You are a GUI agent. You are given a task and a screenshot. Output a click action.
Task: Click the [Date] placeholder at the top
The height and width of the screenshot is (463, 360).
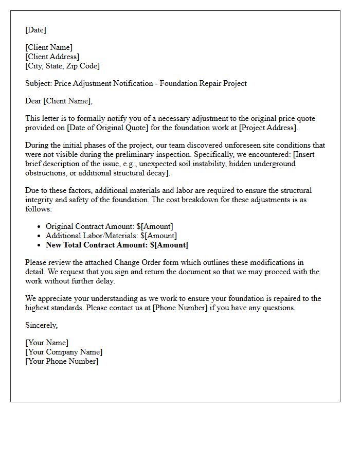point(35,30)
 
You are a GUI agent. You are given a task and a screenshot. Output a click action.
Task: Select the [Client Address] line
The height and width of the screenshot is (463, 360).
point(52,57)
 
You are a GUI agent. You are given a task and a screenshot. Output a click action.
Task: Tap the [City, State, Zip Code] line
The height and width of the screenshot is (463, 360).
point(62,66)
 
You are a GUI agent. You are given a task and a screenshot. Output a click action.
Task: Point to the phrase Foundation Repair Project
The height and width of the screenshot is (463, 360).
point(203,83)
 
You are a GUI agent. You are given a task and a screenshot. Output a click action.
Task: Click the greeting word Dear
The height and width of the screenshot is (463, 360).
point(33,101)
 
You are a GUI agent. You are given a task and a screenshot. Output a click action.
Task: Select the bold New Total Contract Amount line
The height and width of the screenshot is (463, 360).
point(117,245)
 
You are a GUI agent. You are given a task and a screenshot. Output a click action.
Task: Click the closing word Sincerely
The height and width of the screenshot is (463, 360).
point(41,325)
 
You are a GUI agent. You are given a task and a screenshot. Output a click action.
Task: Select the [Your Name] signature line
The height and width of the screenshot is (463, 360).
point(47,343)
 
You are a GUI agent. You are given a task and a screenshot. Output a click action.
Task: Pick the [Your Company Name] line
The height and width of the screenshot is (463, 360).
point(64,352)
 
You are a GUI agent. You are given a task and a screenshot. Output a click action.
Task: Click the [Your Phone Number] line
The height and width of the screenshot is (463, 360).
point(62,361)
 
